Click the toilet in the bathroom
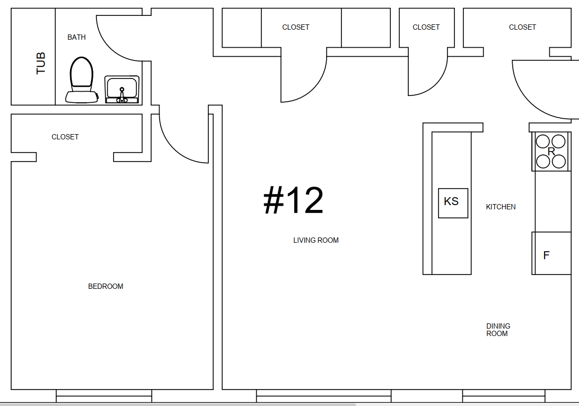[x=82, y=80]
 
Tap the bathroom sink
[x=122, y=90]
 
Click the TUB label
[x=41, y=63]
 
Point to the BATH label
[x=76, y=37]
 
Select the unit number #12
[x=294, y=200]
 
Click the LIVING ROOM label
[x=315, y=240]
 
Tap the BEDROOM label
[x=106, y=286]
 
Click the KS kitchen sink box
[x=453, y=203]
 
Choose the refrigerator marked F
[x=551, y=253]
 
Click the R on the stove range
[x=551, y=152]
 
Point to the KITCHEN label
[x=501, y=207]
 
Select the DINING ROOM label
[x=498, y=330]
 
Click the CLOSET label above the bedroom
[x=65, y=137]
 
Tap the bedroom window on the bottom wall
[x=104, y=396]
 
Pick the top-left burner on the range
[x=543, y=142]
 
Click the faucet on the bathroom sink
[x=122, y=95]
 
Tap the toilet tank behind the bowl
[x=82, y=97]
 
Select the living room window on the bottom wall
[x=323, y=396]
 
